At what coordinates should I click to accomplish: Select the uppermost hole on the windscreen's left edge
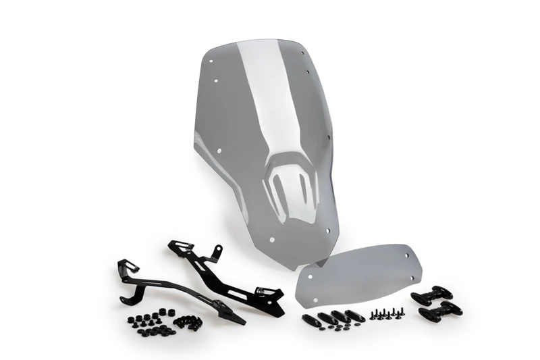coord(212,60)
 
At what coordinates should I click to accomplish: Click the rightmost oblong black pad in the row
coord(355,315)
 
